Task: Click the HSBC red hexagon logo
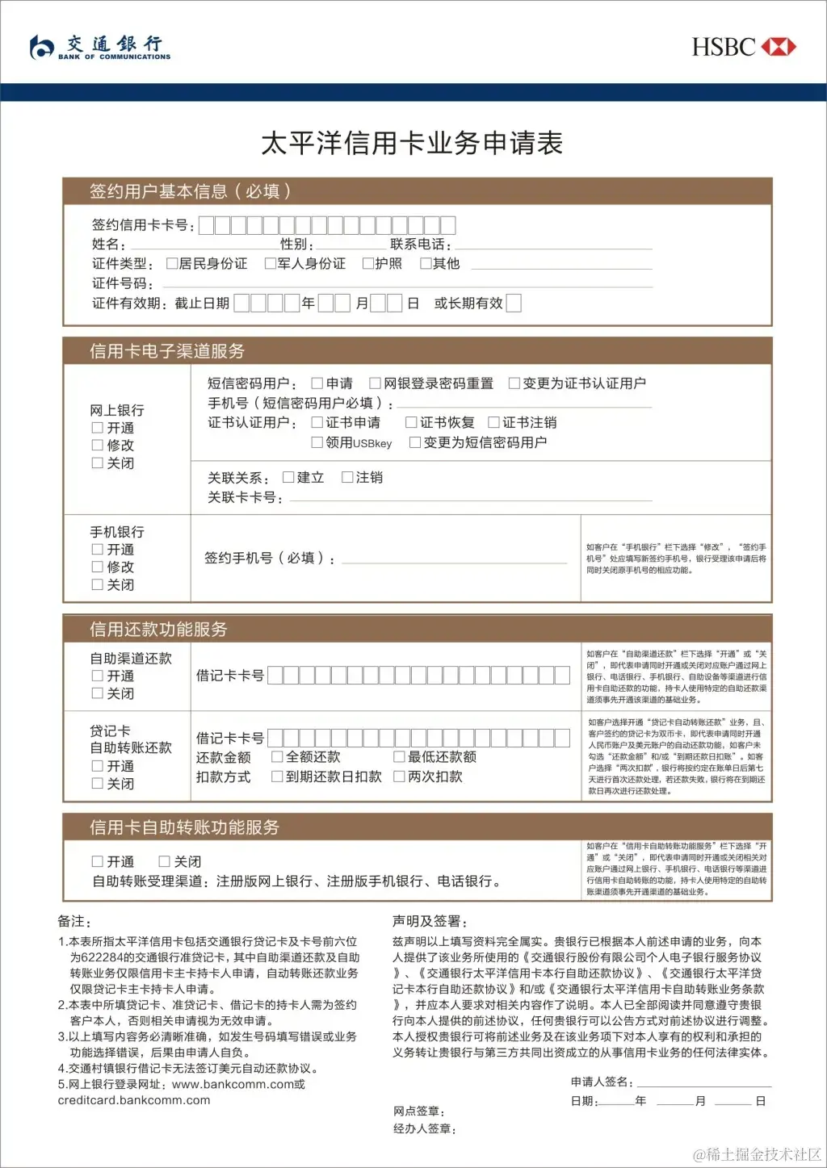779,47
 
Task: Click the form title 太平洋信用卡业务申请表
412,144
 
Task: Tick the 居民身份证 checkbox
172,263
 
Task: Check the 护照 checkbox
368,263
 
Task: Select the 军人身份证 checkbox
271,263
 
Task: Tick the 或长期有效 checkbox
514,303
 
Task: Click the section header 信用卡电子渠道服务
167,351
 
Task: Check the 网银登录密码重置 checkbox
376,383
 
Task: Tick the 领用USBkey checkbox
317,442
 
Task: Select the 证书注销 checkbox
494,422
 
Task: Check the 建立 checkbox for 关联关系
288,477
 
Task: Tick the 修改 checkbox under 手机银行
98,567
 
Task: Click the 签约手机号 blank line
455,562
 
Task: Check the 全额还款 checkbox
277,756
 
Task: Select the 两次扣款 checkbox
399,777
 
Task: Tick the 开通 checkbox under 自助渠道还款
98,676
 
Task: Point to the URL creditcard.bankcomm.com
134,1100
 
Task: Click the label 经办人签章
425,1128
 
